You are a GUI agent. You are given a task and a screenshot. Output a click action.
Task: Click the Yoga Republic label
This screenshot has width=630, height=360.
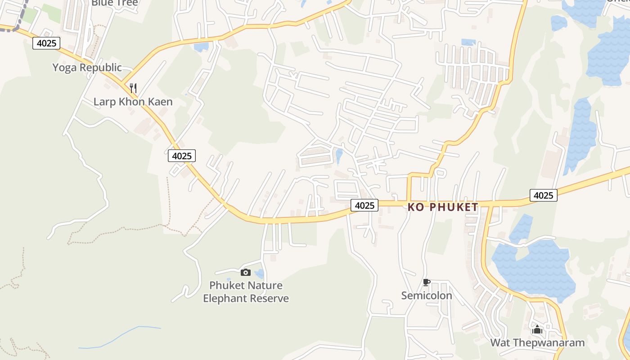87,67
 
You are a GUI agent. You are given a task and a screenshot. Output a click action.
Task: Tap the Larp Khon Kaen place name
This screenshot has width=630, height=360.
133,102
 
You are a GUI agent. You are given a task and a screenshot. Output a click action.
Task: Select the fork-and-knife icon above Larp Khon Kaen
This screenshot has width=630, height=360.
133,87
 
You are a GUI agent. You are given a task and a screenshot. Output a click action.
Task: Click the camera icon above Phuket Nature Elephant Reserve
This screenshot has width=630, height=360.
245,272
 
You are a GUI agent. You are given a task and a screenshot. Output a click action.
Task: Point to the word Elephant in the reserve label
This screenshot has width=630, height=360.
224,298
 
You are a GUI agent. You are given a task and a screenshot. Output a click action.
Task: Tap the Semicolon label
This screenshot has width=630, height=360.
427,295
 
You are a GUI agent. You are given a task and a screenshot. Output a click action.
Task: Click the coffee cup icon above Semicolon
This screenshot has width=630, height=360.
426,283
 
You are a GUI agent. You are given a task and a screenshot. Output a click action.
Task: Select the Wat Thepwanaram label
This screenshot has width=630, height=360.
537,342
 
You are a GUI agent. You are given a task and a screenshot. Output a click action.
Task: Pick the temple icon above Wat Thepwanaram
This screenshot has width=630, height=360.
537,330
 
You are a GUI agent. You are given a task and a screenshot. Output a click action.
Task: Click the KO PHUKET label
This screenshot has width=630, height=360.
443,207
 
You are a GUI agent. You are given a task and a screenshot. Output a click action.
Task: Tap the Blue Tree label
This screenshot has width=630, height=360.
114,3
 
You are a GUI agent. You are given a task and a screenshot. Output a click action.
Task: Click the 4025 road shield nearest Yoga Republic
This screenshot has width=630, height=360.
46,44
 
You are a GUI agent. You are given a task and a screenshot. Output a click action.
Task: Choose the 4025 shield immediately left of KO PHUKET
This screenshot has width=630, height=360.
364,205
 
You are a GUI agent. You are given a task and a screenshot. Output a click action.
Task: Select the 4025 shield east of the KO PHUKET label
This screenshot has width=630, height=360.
543,195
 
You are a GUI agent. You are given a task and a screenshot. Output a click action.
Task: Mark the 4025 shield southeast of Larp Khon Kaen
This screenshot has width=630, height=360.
182,156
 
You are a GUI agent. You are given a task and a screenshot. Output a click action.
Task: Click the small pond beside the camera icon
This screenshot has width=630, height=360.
259,274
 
